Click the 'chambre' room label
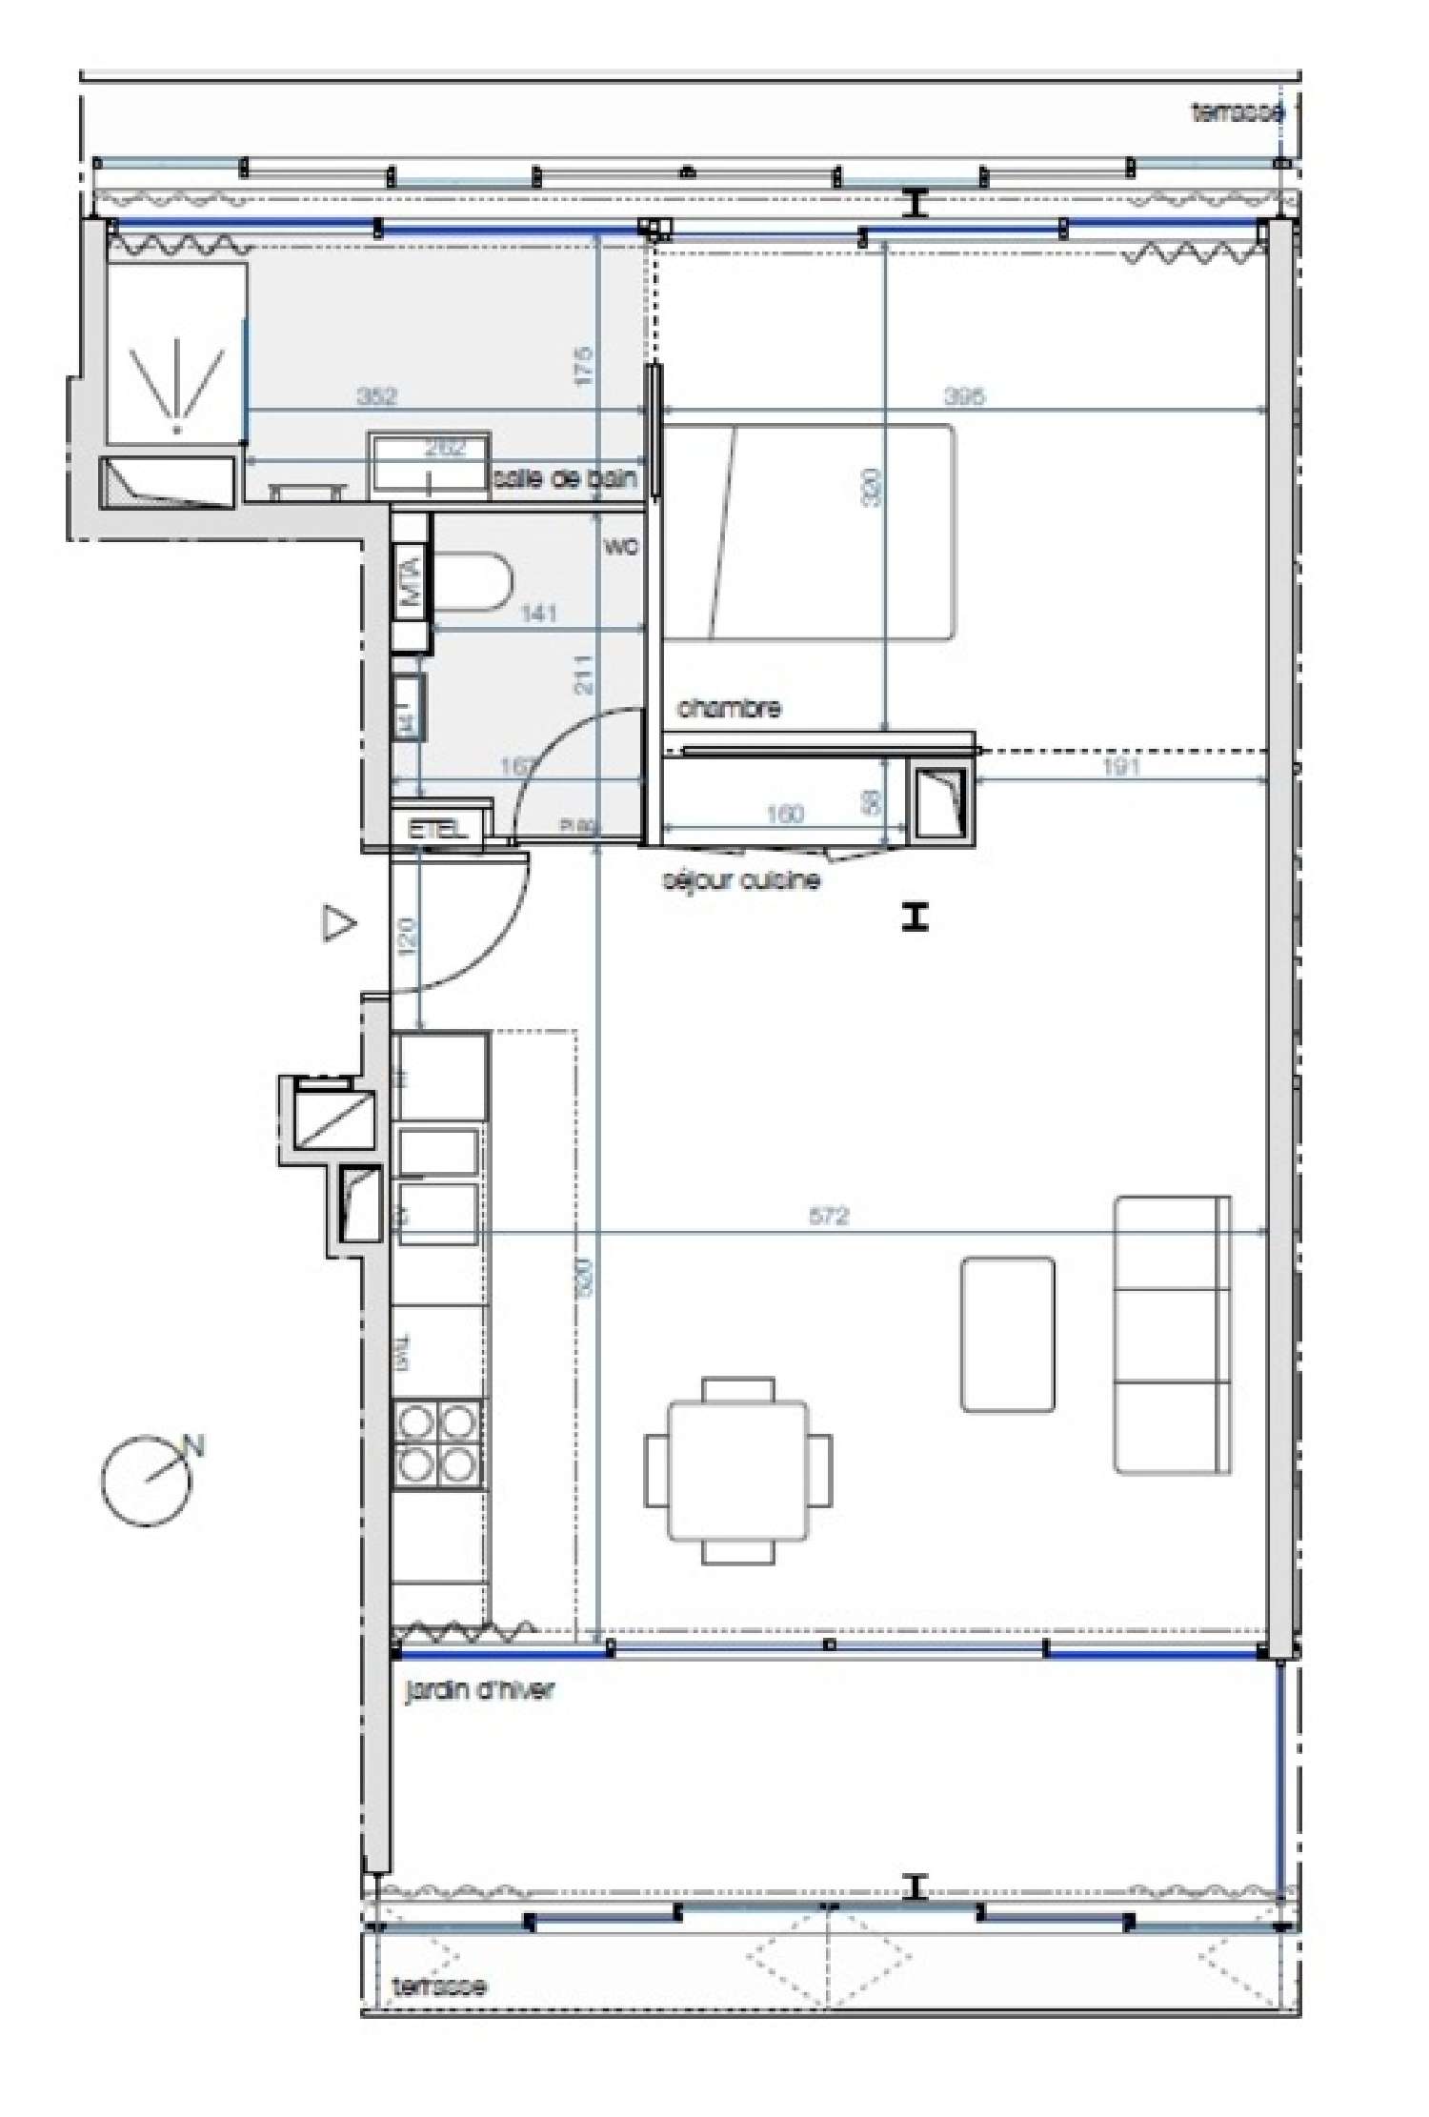pyautogui.click(x=729, y=708)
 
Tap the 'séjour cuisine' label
pyautogui.click(x=741, y=879)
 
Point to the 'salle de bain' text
pyautogui.click(x=564, y=478)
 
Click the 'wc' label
pyautogui.click(x=621, y=547)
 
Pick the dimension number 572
pyautogui.click(x=828, y=1216)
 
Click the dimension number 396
pyautogui.click(x=964, y=395)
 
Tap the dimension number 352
pyautogui.click(x=376, y=395)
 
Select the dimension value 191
pyautogui.click(x=1120, y=766)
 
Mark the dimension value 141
pyautogui.click(x=539, y=614)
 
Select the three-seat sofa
pyautogui.click(x=1172, y=1335)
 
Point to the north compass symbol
pyautogui.click(x=148, y=1479)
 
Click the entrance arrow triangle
pyautogui.click(x=338, y=923)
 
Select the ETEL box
pyautogui.click(x=439, y=828)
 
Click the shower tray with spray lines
pyautogui.click(x=175, y=354)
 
